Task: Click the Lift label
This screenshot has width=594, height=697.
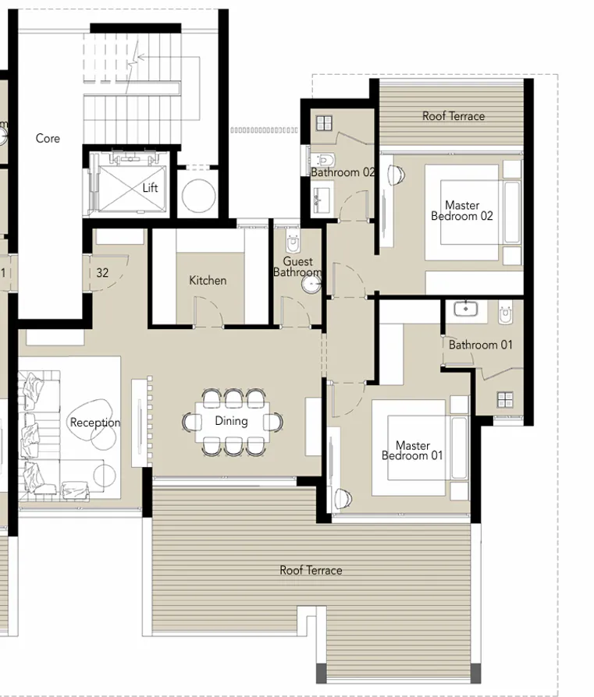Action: coord(150,188)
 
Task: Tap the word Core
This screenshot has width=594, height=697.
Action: coord(48,139)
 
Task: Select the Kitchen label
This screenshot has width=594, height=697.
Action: coord(208,280)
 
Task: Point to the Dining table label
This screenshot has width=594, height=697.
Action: coord(231,421)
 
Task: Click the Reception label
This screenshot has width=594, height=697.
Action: coord(95,423)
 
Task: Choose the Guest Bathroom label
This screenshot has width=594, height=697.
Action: coord(297,267)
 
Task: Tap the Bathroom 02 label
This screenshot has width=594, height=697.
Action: coord(343,172)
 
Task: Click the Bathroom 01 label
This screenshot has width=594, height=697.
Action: coord(481,345)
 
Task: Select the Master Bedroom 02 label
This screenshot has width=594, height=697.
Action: coord(462,211)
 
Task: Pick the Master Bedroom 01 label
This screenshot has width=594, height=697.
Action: coord(412,451)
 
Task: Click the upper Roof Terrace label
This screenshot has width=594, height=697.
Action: coord(454,116)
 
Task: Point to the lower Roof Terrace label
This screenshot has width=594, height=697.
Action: coord(311,571)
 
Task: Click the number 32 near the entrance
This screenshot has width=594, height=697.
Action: coord(102,273)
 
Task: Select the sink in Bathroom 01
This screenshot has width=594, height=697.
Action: coord(466,309)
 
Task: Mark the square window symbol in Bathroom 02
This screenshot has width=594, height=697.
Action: coord(324,122)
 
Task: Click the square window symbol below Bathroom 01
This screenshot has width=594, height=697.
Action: coord(505,400)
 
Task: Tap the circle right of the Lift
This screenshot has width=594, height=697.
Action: coord(197,196)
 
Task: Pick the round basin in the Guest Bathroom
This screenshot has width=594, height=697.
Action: coord(311,285)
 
